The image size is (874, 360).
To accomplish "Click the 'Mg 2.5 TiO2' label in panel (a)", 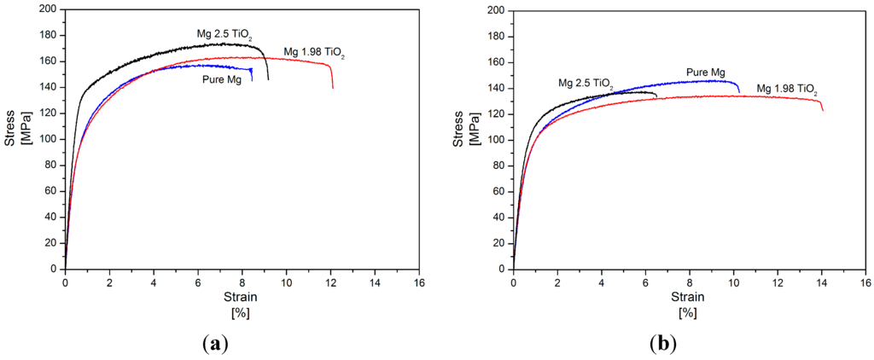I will click(x=225, y=35).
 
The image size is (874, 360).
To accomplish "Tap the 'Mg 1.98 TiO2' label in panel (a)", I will click(x=314, y=54).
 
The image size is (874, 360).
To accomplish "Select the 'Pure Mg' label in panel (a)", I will click(x=221, y=79).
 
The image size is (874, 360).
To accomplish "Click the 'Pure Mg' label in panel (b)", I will click(x=706, y=73).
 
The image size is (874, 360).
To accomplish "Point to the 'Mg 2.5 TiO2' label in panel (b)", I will click(x=586, y=84).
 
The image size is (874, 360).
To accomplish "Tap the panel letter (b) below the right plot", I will click(x=663, y=343).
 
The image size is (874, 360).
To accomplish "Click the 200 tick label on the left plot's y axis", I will click(x=49, y=10).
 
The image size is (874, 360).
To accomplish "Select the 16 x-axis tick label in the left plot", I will click(x=418, y=282).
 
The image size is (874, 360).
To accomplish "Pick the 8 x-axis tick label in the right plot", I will click(x=690, y=282).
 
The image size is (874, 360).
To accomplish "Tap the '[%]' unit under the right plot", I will click(x=687, y=311).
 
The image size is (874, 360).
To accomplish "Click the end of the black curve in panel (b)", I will click(x=656, y=96).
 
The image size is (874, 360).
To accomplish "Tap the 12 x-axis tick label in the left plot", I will click(x=330, y=282).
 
